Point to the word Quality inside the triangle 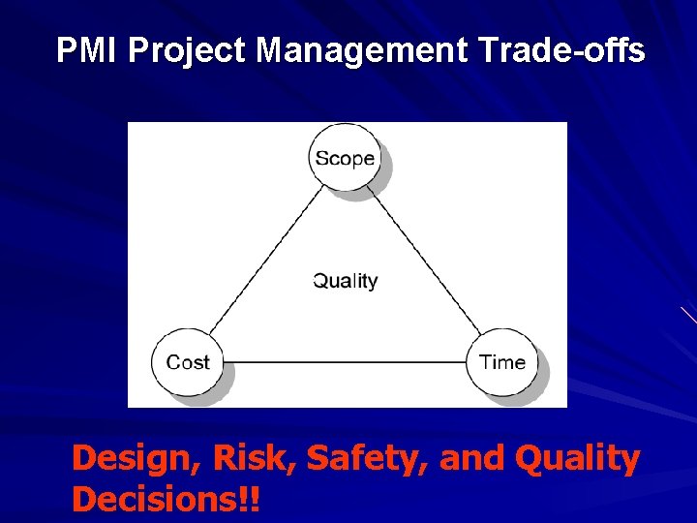pyautogui.click(x=346, y=281)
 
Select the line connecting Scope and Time pyautogui.click(x=426, y=261)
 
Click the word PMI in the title pyautogui.click(x=84, y=50)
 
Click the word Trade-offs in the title pyautogui.click(x=561, y=50)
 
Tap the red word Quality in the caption pyautogui.click(x=579, y=459)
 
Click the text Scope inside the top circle pyautogui.click(x=344, y=157)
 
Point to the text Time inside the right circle pyautogui.click(x=502, y=362)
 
